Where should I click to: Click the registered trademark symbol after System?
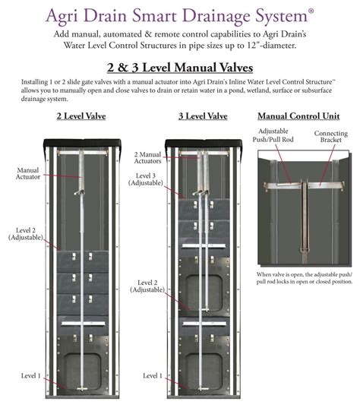(311, 11)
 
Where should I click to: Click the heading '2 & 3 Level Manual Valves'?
(180, 68)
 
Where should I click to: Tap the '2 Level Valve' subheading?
(81, 116)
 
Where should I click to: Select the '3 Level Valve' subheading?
(203, 116)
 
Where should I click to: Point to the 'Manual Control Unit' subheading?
(298, 116)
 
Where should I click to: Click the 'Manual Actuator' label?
(28, 173)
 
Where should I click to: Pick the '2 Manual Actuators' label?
(147, 158)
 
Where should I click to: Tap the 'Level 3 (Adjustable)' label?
(146, 179)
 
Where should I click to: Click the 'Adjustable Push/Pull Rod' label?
(273, 135)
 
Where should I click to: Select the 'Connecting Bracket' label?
(331, 137)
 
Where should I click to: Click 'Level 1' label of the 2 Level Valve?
(31, 375)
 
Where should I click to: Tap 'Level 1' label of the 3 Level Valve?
(153, 375)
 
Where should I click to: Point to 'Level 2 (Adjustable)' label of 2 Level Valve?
(26, 234)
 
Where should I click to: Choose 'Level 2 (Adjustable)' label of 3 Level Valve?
(147, 286)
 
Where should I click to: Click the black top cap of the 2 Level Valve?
(82, 143)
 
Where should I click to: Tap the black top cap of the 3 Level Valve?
(204, 143)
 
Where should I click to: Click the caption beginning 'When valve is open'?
(305, 278)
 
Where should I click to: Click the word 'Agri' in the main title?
(62, 16)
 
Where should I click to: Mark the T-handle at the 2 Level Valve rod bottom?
(82, 389)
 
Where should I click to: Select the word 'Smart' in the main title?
(154, 15)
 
